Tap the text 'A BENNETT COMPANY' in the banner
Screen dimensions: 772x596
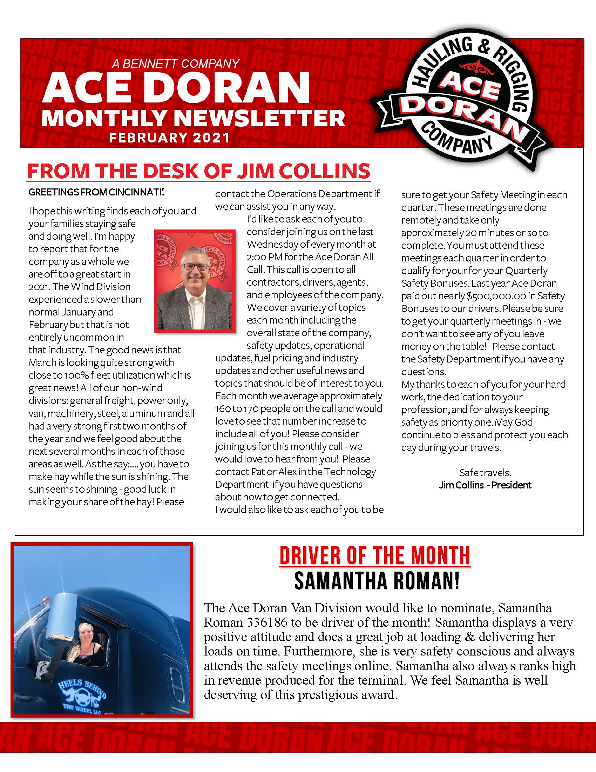pos(176,64)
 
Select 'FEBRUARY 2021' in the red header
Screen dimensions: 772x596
pos(169,138)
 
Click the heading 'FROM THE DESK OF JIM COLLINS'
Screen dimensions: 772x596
pos(198,172)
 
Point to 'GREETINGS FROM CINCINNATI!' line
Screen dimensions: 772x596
pos(96,192)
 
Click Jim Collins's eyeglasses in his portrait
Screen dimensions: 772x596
pos(195,267)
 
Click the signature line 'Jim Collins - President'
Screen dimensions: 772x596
pos(485,485)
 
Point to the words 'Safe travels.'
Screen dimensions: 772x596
pos(485,473)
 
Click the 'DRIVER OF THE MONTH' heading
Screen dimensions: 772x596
pos(375,556)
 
